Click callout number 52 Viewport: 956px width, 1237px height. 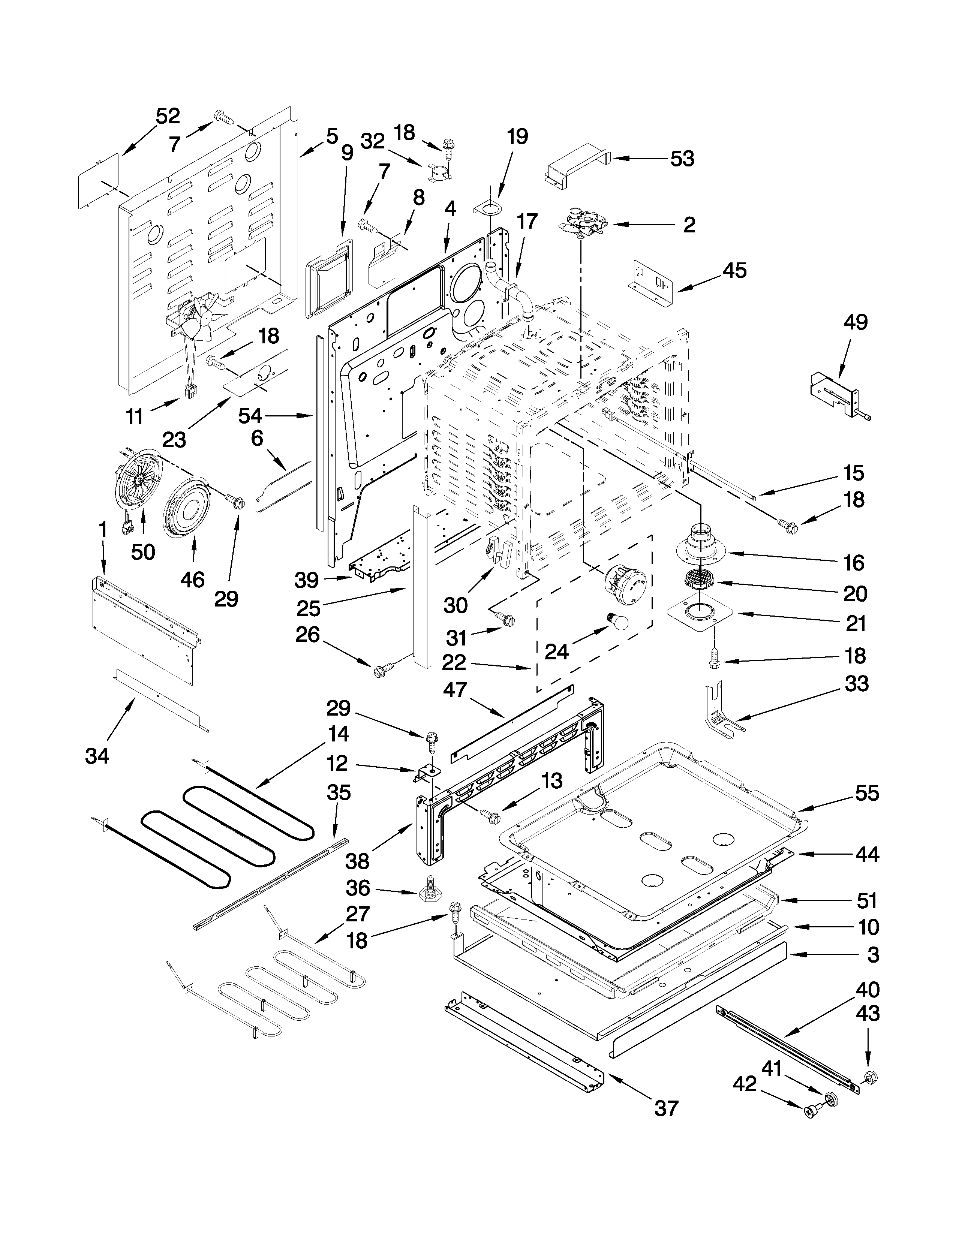coord(168,116)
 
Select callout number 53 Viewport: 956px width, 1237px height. coord(682,159)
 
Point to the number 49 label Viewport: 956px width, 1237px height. coord(855,322)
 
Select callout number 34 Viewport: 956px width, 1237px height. coord(97,756)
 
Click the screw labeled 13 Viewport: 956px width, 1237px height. coord(490,816)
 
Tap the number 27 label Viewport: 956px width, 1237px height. coord(357,914)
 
